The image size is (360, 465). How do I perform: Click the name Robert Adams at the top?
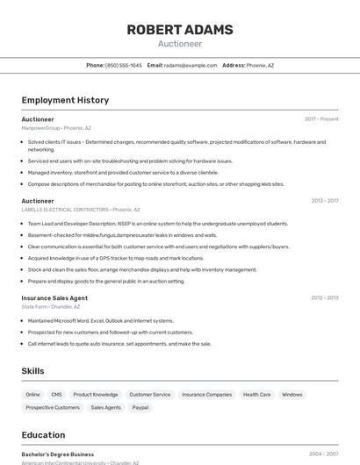pos(180,30)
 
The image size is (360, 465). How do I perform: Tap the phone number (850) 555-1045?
pos(123,65)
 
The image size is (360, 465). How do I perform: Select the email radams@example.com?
pos(191,65)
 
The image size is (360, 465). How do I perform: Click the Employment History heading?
pos(65,100)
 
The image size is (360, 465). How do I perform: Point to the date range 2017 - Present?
pos(321,118)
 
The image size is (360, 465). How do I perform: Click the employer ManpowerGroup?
pos(40,128)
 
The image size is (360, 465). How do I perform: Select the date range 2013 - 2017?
pos(324,200)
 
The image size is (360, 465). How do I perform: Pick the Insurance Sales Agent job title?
pos(54,297)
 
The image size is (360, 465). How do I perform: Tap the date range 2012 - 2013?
pos(324,297)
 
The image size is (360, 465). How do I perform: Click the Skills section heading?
pos(32,371)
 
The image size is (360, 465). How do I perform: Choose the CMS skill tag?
pos(56,395)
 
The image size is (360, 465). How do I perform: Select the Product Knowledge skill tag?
pos(95,395)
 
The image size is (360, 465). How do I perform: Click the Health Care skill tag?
pos(256,395)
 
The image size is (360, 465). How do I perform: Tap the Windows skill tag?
pos(292,395)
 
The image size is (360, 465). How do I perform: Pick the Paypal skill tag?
pos(140,407)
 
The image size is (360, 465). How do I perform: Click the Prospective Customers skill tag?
pos(53,407)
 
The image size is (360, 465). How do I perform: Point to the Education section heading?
pos(43,434)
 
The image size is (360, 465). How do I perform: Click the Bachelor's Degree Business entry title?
pos(57,454)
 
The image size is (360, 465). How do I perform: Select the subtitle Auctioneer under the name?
pos(180,44)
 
